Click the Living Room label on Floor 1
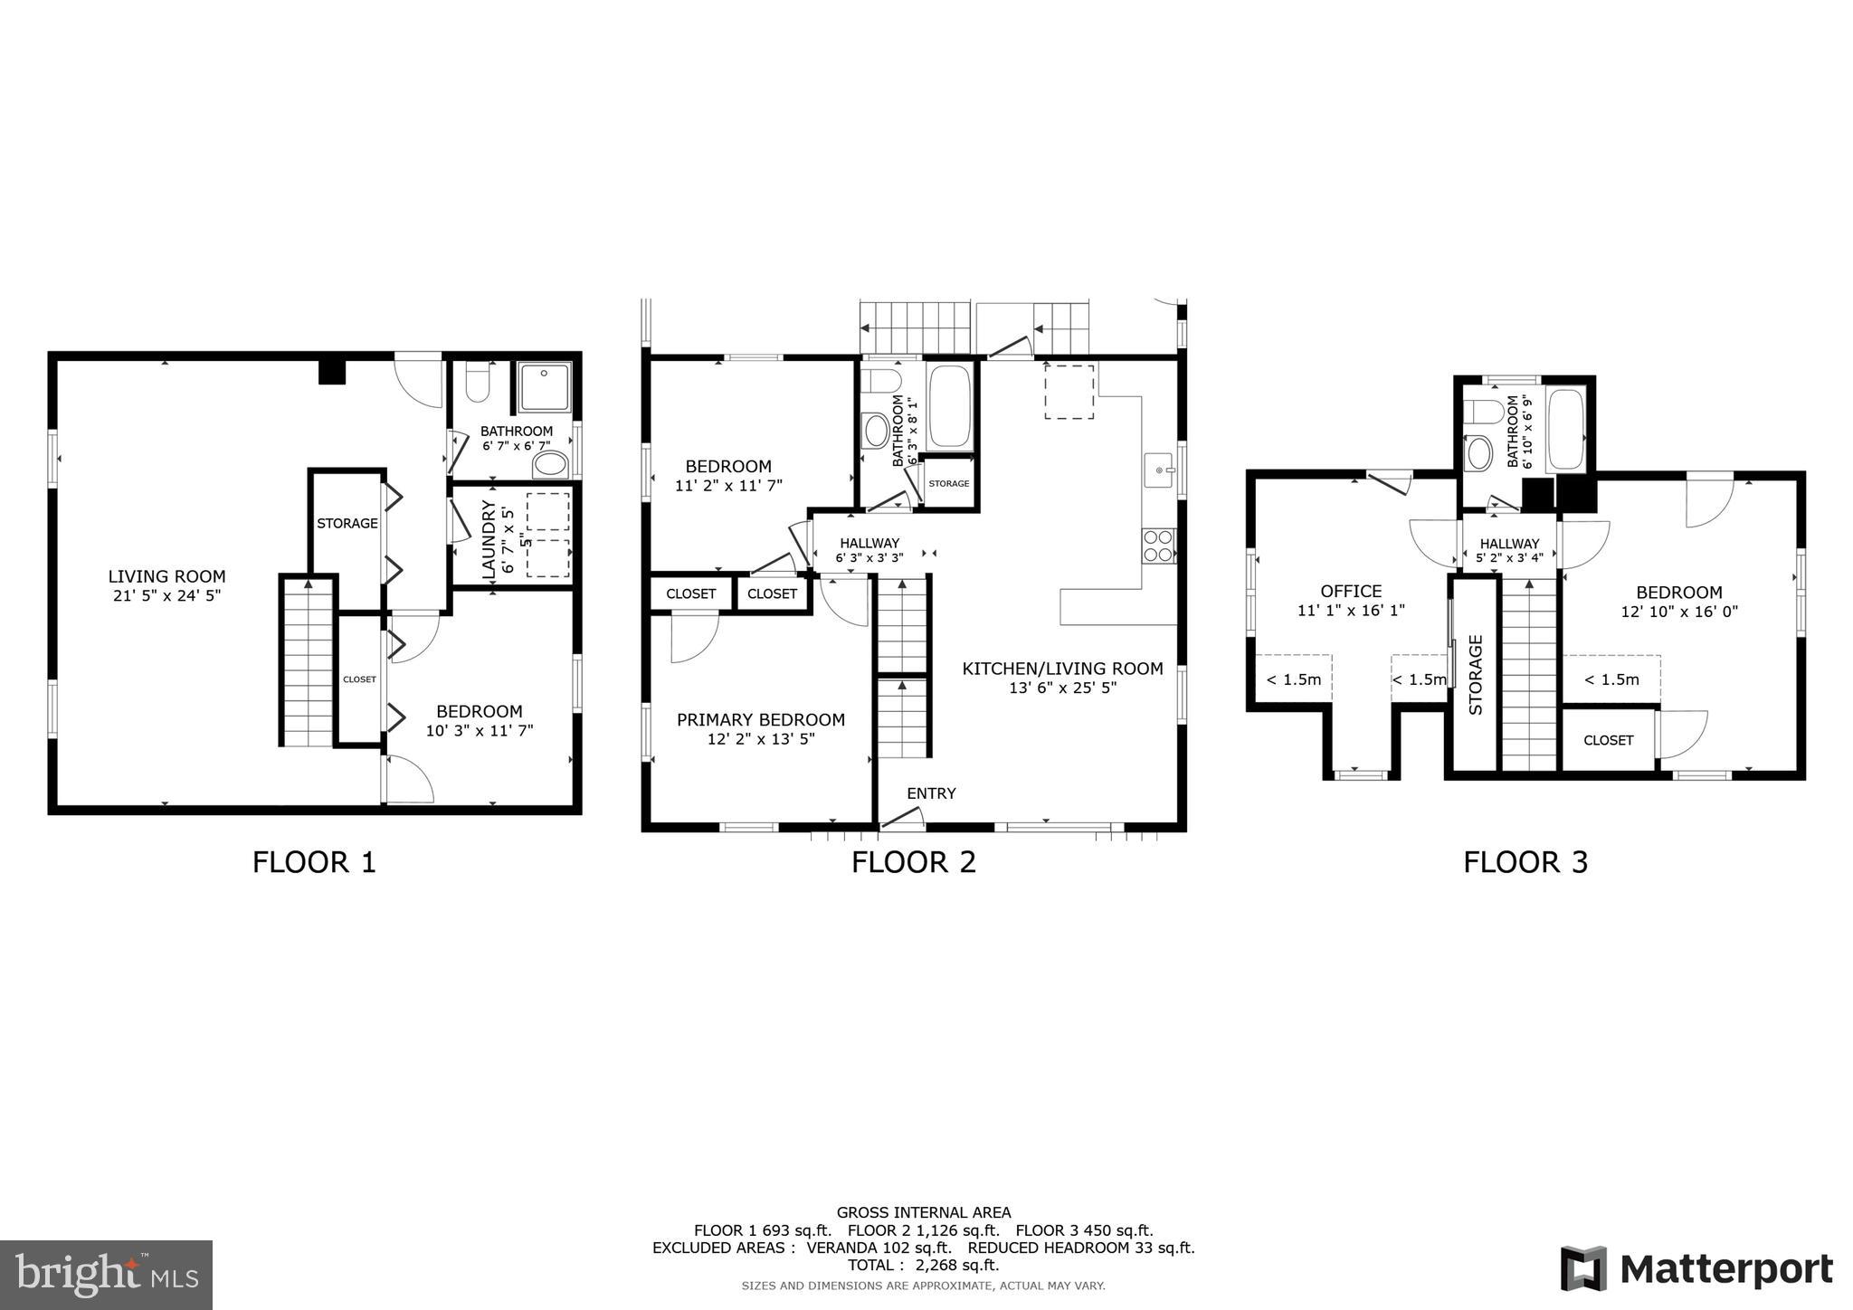[x=166, y=576]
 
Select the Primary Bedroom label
[x=760, y=719]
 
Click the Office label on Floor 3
[x=1350, y=592]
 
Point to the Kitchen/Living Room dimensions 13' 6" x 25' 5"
[x=1062, y=688]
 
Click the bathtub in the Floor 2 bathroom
[x=949, y=406]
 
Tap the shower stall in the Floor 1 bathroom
[x=545, y=386]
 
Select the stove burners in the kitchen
[x=1158, y=546]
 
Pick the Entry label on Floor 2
[x=931, y=793]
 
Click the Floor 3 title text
[x=1525, y=862]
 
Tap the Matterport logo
[x=1696, y=1269]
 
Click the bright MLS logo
[x=106, y=1276]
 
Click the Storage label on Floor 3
[x=1475, y=674]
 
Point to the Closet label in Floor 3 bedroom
[x=1608, y=740]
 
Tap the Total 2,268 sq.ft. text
[x=923, y=1265]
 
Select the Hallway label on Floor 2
[x=869, y=543]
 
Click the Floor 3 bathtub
[x=1565, y=429]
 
